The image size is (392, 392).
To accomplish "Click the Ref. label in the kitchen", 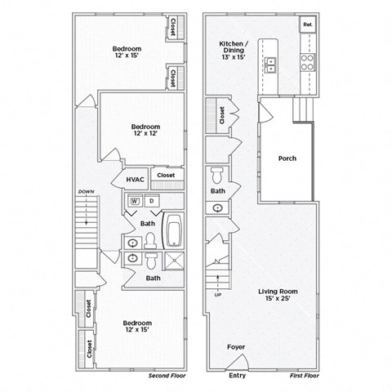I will click(x=308, y=25).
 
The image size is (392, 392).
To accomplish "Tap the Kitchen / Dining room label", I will click(x=235, y=50).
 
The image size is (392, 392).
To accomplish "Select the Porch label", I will click(x=287, y=158).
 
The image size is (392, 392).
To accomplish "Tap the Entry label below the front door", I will click(x=237, y=376).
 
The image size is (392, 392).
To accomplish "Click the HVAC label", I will click(x=135, y=178).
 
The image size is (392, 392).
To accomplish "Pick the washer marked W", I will click(x=135, y=200).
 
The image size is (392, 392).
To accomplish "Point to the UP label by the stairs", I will click(x=217, y=295).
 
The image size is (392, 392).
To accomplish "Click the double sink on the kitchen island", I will click(x=272, y=65).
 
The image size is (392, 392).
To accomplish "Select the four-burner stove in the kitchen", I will click(x=309, y=62).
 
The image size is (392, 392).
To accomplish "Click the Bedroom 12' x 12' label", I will click(x=145, y=131).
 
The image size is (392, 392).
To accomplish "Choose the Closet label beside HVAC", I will click(x=166, y=175).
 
